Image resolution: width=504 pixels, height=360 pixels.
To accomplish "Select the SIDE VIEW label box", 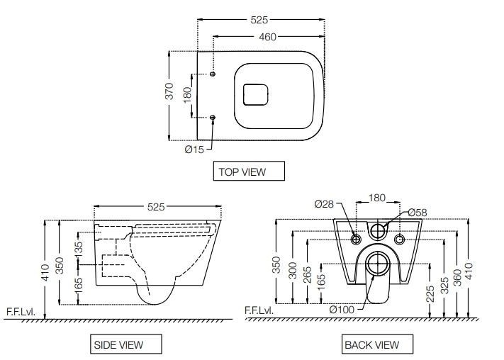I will tap(118, 345).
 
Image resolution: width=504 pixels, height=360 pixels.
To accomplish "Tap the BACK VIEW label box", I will tap(371, 345).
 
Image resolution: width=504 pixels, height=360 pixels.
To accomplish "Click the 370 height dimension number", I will tap(169, 93).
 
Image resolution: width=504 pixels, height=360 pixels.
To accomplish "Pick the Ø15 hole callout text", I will tap(194, 150).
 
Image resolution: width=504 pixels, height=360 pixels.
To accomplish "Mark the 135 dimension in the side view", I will tap(78, 249).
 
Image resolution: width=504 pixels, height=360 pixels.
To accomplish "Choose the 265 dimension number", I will tap(307, 273).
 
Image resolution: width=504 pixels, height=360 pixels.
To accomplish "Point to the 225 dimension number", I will tap(431, 293).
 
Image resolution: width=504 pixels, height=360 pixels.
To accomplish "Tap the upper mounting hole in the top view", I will tap(213, 74).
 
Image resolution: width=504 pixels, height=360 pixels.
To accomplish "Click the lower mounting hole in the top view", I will tap(213, 117).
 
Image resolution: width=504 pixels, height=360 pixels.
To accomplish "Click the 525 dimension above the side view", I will tap(156, 207).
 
